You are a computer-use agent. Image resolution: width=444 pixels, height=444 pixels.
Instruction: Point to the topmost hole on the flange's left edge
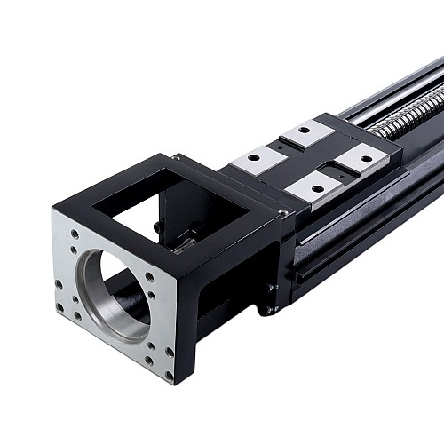pyautogui.click(x=74, y=235)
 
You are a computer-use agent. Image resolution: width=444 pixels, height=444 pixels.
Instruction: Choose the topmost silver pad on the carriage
pyautogui.click(x=307, y=134)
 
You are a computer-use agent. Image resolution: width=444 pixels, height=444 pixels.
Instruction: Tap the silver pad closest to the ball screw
pyautogui.click(x=361, y=159)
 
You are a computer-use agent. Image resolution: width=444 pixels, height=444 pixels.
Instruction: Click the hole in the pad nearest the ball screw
pyautogui.click(x=364, y=158)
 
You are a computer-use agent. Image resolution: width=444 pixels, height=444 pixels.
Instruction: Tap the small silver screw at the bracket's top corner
pyautogui.click(x=282, y=213)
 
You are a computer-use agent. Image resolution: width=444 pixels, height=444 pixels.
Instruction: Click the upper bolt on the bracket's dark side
pyautogui.click(x=271, y=287)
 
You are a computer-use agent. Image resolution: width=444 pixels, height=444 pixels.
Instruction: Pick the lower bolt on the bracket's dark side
pyautogui.click(x=268, y=310)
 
